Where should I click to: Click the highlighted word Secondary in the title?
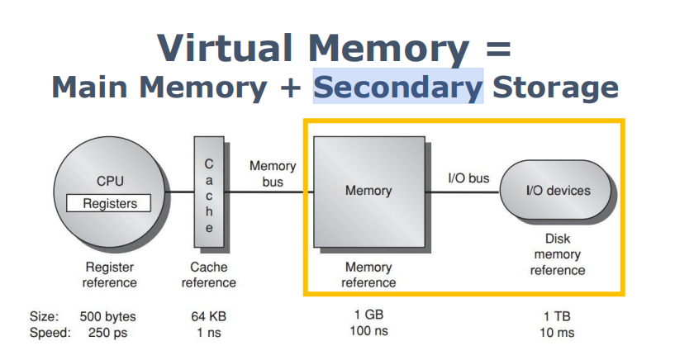click(397, 87)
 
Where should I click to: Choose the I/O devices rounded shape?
click(558, 191)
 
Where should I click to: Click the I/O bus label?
click(468, 178)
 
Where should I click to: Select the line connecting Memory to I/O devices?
click(463, 192)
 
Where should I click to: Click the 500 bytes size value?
click(108, 316)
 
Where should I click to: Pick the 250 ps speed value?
click(108, 332)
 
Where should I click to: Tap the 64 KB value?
click(210, 316)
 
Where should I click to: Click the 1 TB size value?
click(558, 316)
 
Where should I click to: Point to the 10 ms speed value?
click(558, 332)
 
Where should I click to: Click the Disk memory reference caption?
click(558, 254)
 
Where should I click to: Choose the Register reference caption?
click(111, 275)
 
